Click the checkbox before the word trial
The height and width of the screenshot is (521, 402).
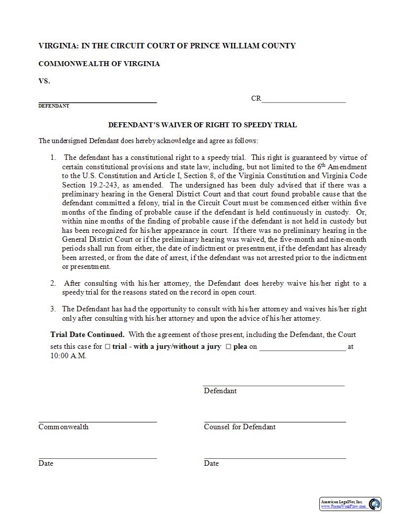point(107,347)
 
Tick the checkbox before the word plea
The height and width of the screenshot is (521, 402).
point(228,347)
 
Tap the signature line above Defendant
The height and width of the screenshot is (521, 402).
point(273,385)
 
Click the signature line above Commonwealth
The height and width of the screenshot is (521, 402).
point(98,421)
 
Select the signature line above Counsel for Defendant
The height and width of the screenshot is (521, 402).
point(275,421)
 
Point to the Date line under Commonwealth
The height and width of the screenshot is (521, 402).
point(98,458)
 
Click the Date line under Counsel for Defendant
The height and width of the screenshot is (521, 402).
point(275,458)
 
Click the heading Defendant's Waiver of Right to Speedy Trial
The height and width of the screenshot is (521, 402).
point(202,125)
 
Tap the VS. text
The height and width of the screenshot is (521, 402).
point(44,81)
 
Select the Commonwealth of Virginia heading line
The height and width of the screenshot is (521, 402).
point(99,64)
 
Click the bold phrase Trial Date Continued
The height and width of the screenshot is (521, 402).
point(87,335)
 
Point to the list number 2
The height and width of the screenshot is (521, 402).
point(53,283)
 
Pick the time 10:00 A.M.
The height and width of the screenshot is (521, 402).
point(68,356)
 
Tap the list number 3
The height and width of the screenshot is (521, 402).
point(53,309)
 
